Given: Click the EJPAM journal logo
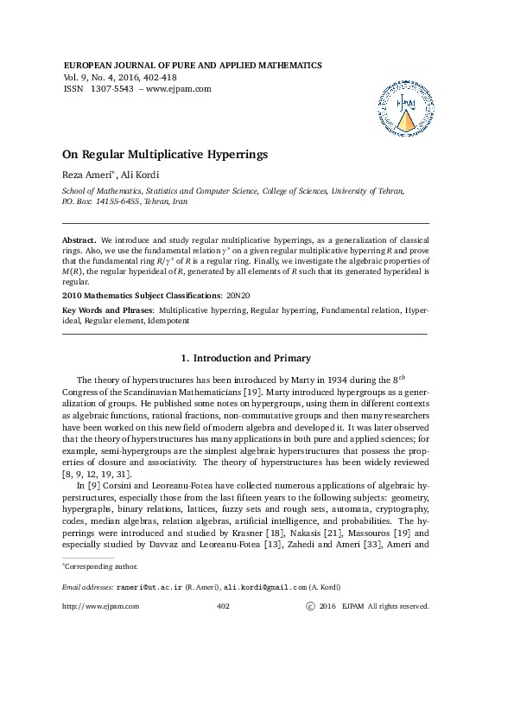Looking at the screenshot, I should tap(404, 109).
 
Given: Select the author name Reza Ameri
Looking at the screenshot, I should tap(86, 176).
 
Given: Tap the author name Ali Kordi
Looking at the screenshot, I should tap(140, 176).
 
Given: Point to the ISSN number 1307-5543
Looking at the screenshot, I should tap(112, 88).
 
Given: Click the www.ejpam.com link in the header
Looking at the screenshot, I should tap(178, 88).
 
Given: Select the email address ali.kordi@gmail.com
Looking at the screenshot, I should tap(263, 587).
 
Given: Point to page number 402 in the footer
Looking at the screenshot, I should tap(222, 607).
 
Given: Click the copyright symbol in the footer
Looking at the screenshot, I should tap(310, 607).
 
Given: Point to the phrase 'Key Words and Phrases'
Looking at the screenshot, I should tap(108, 309).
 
